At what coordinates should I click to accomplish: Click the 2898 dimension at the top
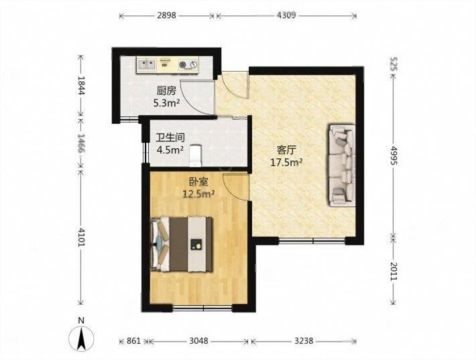coord(166,15)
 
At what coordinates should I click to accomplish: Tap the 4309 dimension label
coord(286,15)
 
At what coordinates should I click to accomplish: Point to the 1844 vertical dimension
coord(80,86)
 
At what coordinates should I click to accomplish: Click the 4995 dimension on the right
coord(394,156)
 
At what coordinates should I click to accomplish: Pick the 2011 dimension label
coord(394,270)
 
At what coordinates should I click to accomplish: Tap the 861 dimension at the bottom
coord(133,341)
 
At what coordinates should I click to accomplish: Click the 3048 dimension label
coord(199,341)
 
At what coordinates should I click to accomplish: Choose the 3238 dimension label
coord(304,341)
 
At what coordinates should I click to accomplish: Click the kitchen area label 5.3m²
coord(166,103)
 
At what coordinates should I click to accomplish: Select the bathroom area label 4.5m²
coord(170,150)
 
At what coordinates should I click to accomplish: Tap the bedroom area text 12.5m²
coord(198,193)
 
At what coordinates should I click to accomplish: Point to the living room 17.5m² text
coord(286,162)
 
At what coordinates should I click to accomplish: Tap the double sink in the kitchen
coord(147,64)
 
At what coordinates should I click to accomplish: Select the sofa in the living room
coord(342,165)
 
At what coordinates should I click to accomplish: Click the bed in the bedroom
coord(182,244)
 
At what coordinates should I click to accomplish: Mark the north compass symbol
coord(81,339)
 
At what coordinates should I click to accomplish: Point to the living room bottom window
coord(312,241)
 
